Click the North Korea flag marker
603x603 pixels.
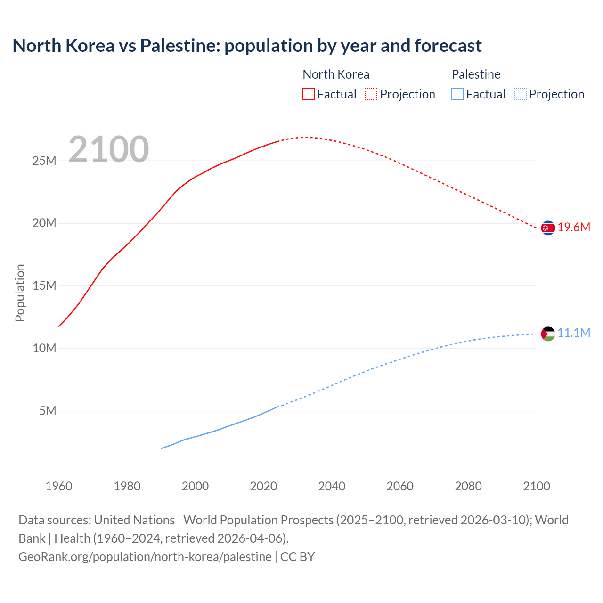[x=547, y=228]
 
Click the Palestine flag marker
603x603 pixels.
[x=547, y=334]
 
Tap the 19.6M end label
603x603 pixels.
[x=574, y=228]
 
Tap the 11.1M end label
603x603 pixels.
[x=574, y=333]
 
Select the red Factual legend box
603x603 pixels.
[x=308, y=94]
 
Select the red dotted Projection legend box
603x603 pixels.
[x=371, y=94]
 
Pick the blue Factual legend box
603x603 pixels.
[x=457, y=94]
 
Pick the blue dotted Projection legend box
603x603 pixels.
[x=520, y=94]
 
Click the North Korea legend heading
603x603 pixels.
[x=335, y=74]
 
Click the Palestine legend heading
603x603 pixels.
[x=476, y=74]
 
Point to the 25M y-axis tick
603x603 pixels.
[x=44, y=161]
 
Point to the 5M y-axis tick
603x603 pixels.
[x=48, y=411]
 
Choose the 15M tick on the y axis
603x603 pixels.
[x=44, y=286]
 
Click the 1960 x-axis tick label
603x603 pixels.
[x=59, y=486]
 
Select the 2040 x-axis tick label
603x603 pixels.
[x=332, y=486]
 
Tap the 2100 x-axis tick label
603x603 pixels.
[x=537, y=486]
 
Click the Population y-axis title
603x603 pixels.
[x=20, y=293]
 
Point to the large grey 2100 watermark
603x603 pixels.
[x=109, y=149]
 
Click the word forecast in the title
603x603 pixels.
[x=448, y=46]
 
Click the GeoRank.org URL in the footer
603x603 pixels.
[x=145, y=557]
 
